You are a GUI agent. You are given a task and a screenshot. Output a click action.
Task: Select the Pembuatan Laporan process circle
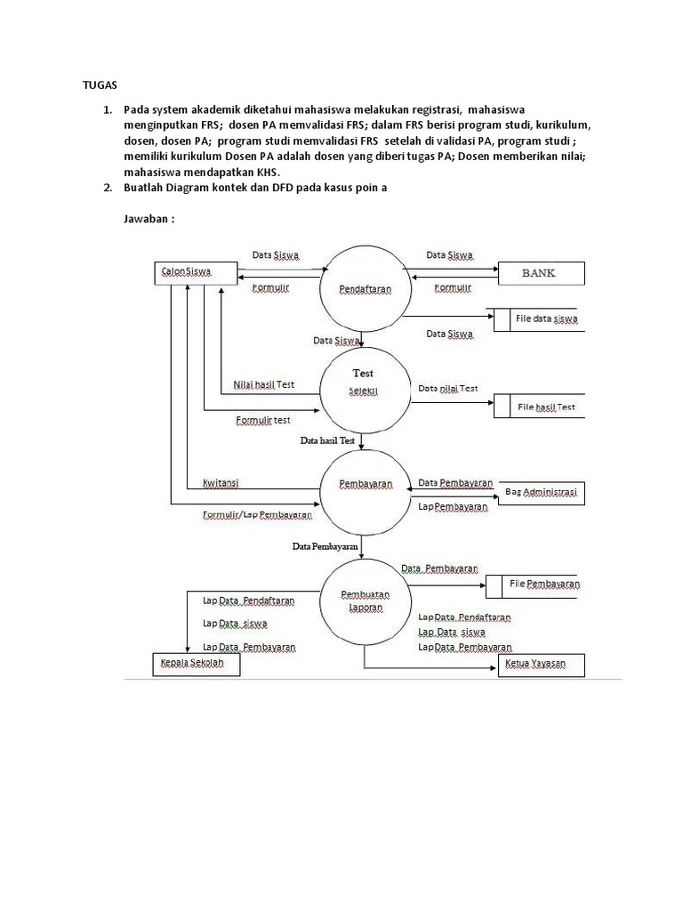pos(365,601)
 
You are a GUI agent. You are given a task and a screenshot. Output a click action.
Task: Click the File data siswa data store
pos(542,319)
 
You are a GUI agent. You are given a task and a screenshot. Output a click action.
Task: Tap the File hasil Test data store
pos(542,407)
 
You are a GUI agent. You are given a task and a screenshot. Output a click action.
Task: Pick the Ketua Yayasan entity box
pos(542,665)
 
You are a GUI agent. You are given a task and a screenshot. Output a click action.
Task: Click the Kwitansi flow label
pos(221,483)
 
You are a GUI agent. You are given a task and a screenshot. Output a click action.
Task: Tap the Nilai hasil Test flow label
pos(264,384)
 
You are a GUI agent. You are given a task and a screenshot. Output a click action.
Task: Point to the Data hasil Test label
pos(327,440)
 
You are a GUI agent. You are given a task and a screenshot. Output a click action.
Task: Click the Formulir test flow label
pos(263,420)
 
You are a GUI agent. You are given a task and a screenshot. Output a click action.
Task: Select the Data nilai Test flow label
pos(448,389)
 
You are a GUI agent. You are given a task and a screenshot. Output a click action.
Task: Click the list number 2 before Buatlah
pos(106,189)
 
